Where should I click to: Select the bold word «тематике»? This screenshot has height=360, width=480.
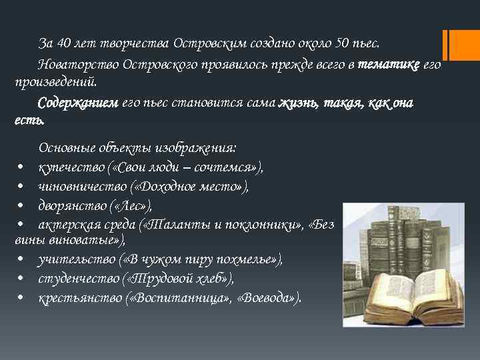[x=389, y=65]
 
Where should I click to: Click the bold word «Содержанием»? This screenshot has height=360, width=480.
[x=78, y=103]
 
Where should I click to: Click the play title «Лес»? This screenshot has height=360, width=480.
[x=139, y=207]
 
